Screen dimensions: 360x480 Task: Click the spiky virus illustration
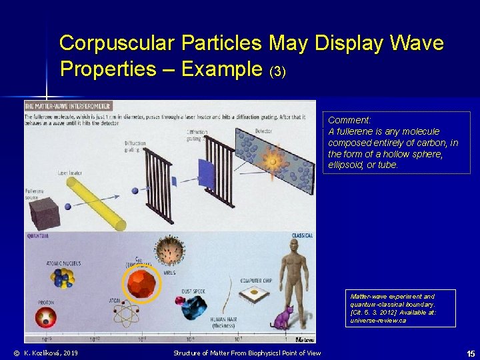coord(169,251)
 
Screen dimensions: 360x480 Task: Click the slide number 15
coord(471,353)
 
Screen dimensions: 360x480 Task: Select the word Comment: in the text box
coord(349,121)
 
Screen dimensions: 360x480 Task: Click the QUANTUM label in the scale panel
coord(37,235)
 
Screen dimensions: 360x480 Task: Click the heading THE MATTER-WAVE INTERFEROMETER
coord(68,106)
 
